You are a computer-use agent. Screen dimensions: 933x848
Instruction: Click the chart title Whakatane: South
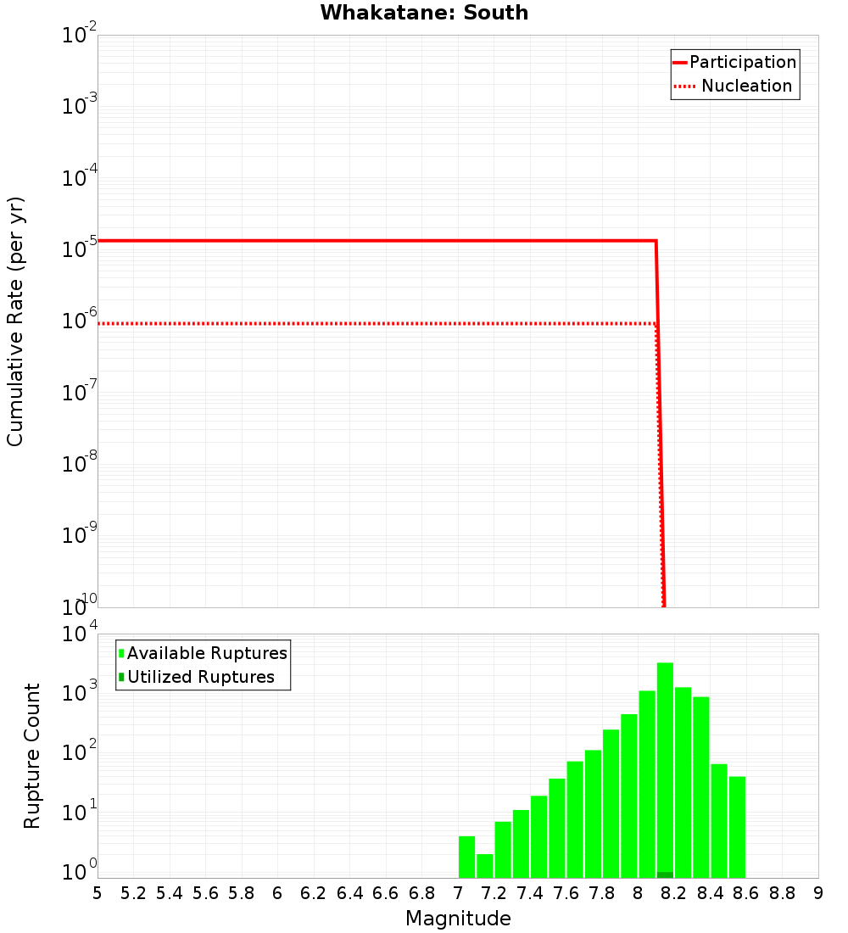[x=424, y=13]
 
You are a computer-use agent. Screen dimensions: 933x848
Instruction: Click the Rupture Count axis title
[x=32, y=755]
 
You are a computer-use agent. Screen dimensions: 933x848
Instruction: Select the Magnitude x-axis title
[x=458, y=919]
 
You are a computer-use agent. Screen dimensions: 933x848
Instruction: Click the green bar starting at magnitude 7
[x=466, y=857]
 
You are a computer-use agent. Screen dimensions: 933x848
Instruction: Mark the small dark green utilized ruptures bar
[x=665, y=874]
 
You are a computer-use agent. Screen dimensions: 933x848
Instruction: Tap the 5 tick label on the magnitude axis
[x=98, y=893]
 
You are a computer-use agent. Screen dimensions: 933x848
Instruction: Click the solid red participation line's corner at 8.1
[x=656, y=241]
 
